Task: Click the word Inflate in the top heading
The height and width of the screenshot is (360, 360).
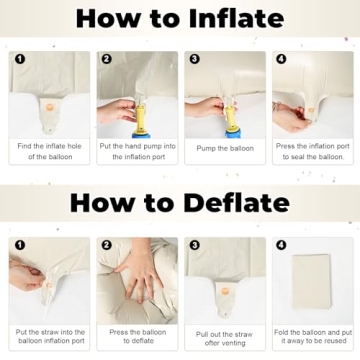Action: tap(236, 18)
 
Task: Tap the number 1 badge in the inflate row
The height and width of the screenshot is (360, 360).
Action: tap(20, 59)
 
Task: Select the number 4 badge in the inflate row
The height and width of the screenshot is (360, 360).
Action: tap(281, 59)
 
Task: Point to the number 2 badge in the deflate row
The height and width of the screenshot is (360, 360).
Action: tap(106, 245)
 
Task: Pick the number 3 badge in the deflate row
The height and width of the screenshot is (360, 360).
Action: tap(194, 245)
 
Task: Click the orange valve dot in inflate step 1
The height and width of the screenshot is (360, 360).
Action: tap(49, 107)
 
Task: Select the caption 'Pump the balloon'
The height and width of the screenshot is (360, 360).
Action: tap(225, 148)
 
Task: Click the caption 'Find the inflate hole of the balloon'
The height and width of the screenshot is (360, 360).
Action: tap(49, 151)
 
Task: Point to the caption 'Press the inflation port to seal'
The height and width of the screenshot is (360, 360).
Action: tap(313, 151)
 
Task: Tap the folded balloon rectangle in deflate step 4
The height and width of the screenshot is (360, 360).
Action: tap(312, 282)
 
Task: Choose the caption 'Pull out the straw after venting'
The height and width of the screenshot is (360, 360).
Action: tap(224, 339)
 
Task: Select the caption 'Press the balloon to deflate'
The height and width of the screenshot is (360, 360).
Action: tap(138, 336)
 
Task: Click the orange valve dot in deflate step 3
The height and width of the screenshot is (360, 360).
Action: tap(225, 291)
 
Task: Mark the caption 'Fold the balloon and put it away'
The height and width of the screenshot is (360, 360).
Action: tap(313, 337)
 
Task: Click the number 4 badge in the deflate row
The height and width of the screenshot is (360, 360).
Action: tap(281, 245)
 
